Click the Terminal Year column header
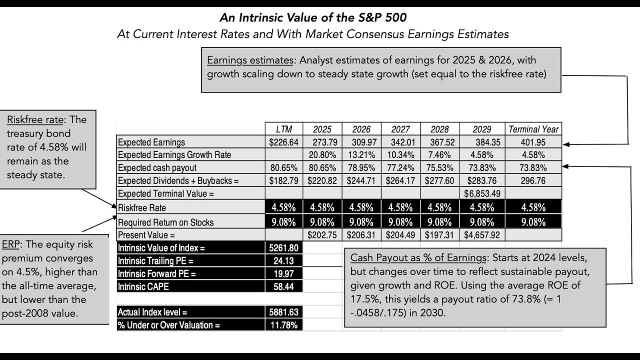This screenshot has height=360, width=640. (x=533, y=129)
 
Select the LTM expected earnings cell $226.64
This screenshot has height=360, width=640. (x=283, y=142)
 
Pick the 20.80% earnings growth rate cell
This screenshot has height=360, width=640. (x=322, y=155)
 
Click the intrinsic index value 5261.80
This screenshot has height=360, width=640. (x=283, y=247)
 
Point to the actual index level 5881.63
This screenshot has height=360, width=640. (x=283, y=312)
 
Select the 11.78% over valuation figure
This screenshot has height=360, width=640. (x=283, y=325)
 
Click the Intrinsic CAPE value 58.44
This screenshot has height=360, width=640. (x=283, y=286)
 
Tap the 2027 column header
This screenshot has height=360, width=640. (x=400, y=129)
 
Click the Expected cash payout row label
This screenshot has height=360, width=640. (x=157, y=168)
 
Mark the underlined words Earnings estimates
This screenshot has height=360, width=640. (x=250, y=60)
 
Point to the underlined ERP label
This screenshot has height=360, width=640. (x=10, y=245)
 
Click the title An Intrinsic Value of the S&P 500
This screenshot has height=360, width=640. (x=313, y=17)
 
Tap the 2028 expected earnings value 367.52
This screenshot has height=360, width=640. (x=440, y=142)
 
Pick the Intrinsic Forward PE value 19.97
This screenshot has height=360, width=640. (x=283, y=273)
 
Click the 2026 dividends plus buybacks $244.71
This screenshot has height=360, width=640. (x=361, y=181)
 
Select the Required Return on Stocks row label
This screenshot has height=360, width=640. (x=166, y=222)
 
